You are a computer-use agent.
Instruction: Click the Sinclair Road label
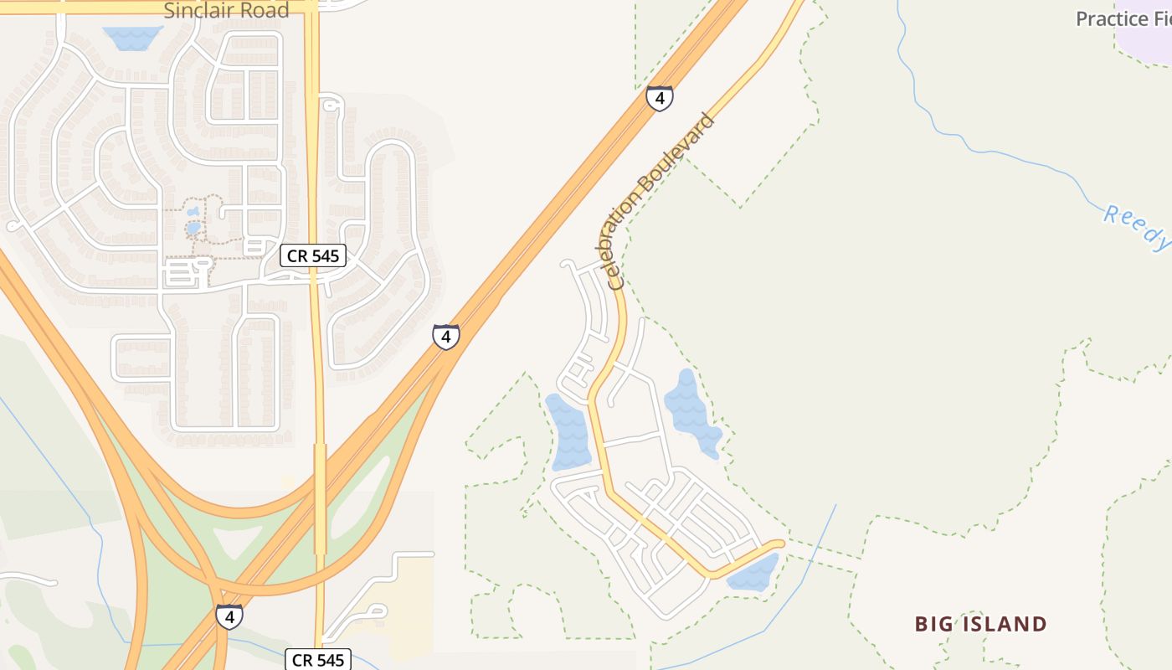click(x=226, y=11)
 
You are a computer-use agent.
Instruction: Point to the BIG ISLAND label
click(x=980, y=624)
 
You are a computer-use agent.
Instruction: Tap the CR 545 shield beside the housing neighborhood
click(x=312, y=255)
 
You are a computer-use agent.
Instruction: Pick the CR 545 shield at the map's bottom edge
click(x=319, y=660)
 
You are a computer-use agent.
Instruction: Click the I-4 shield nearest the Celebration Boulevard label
click(x=660, y=99)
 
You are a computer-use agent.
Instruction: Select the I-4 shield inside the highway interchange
click(x=229, y=616)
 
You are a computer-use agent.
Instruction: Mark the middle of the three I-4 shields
click(x=446, y=337)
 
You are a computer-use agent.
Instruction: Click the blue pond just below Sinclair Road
click(x=131, y=38)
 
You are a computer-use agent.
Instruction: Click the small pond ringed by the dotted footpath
click(x=193, y=227)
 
